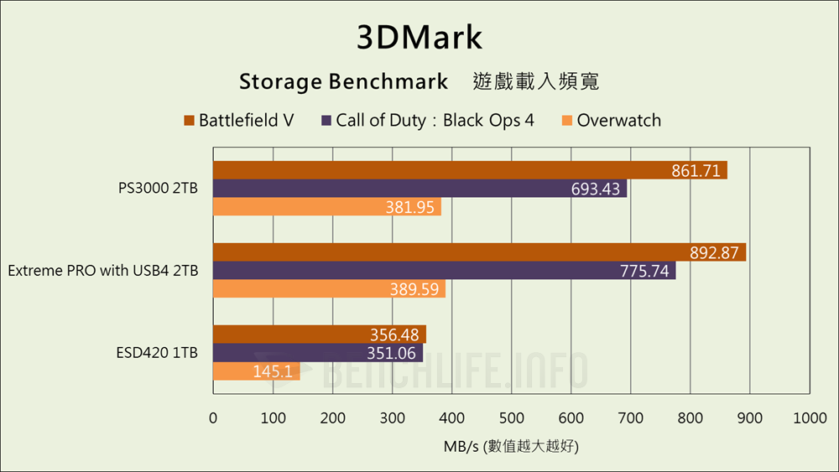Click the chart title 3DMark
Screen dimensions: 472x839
click(419, 38)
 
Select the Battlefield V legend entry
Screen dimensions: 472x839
click(238, 120)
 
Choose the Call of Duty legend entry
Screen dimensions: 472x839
click(427, 120)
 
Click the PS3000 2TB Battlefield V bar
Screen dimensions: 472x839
click(470, 170)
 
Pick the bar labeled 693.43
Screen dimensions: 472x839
click(419, 189)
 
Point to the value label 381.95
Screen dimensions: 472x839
click(409, 207)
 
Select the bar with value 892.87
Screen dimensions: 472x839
click(479, 252)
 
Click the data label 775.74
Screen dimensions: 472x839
click(644, 271)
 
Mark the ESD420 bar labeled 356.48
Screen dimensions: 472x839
click(319, 335)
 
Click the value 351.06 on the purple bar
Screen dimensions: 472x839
click(390, 353)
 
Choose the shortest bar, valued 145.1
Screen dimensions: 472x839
click(256, 371)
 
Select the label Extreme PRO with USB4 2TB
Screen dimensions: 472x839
click(103, 271)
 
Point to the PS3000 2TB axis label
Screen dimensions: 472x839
click(159, 189)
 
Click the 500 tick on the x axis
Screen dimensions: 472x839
click(511, 418)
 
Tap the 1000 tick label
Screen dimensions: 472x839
click(809, 418)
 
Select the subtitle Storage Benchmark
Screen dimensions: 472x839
click(343, 81)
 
